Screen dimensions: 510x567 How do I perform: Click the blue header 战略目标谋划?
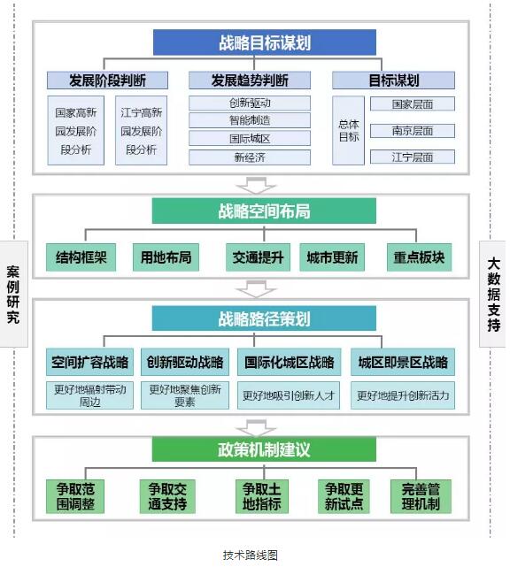pos(265,42)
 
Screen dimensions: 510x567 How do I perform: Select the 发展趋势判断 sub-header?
pos(250,80)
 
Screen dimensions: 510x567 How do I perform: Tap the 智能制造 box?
pos(250,120)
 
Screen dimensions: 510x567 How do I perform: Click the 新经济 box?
pos(250,157)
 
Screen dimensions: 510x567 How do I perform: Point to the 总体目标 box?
pos(348,131)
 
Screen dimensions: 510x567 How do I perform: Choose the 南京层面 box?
pos(413,131)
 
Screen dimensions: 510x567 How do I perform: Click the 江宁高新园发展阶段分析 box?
pos(141,131)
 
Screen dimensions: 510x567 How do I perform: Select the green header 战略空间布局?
pos(264,211)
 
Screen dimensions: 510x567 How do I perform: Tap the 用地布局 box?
pos(166,257)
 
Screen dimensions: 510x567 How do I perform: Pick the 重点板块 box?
pos(419,257)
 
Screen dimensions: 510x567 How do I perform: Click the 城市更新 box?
pos(332,257)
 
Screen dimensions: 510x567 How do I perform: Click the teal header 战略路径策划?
pos(264,318)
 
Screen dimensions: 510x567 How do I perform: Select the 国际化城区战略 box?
pos(289,362)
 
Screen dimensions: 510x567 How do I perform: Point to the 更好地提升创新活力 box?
pos(403,395)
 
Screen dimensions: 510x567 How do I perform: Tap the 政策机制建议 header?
pos(264,449)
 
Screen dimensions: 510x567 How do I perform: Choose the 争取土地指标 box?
pos(262,496)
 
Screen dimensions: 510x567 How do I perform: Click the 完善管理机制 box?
pos(421,496)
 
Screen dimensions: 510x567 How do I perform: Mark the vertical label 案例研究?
pos(13,295)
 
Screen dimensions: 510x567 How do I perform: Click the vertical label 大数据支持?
pos(493,295)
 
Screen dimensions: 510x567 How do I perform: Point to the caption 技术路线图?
pos(251,556)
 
